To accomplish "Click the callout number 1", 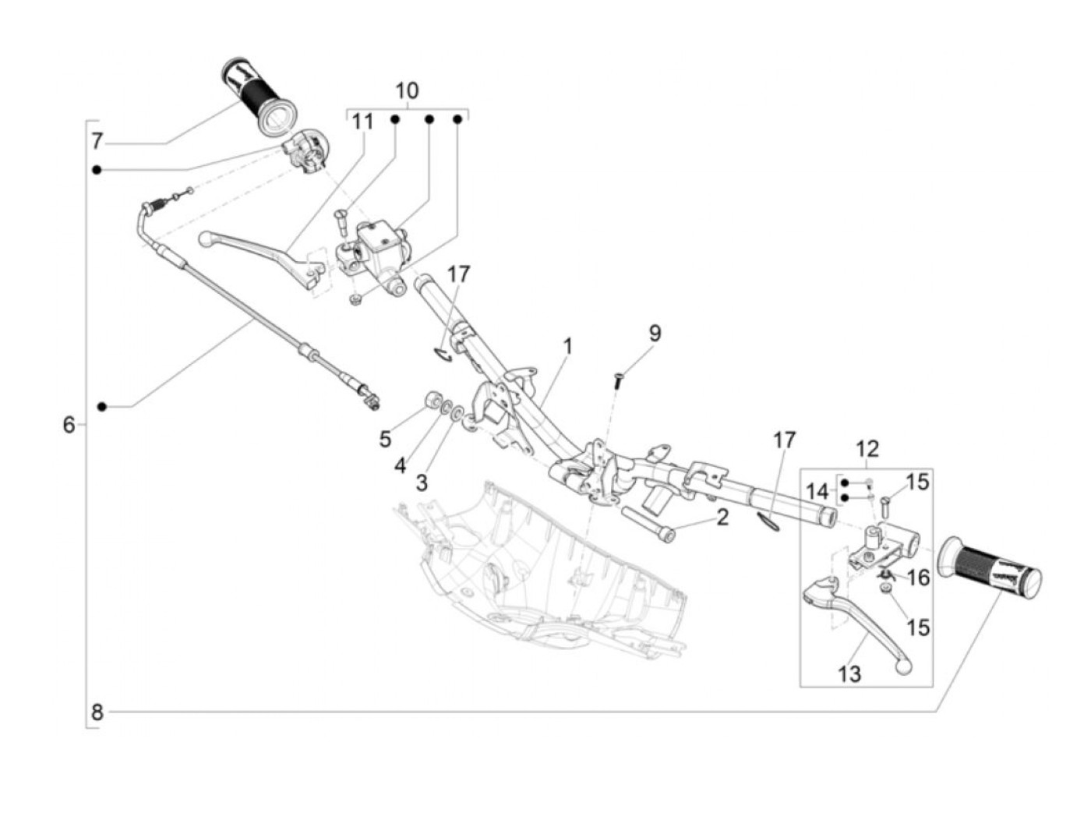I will pyautogui.click(x=568, y=345).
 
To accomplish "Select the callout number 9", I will pyautogui.click(x=655, y=333).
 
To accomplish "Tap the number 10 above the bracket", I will pyautogui.click(x=407, y=90).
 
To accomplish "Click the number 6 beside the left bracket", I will pyautogui.click(x=69, y=425).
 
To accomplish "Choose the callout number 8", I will pyautogui.click(x=97, y=712).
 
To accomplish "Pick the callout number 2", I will pyautogui.click(x=722, y=516).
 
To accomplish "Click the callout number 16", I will pyautogui.click(x=919, y=578).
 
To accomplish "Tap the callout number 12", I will pyautogui.click(x=867, y=449).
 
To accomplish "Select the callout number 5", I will pyautogui.click(x=385, y=439).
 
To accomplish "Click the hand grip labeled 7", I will pyautogui.click(x=256, y=93).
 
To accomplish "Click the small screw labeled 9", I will pyautogui.click(x=618, y=380).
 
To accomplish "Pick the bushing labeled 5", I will pyautogui.click(x=431, y=401).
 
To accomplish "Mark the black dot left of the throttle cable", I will pyautogui.click(x=101, y=407).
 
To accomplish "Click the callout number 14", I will pyautogui.click(x=817, y=492).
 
